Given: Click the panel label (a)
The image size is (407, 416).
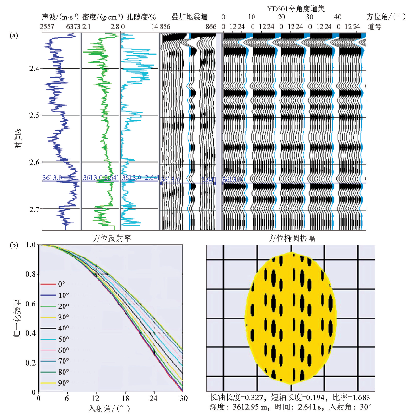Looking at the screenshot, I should (x=14, y=35).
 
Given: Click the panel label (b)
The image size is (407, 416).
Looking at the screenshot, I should (x=14, y=245).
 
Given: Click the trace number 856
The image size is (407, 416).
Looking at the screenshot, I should (x=165, y=27).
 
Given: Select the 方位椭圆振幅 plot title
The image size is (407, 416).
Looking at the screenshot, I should (x=291, y=238).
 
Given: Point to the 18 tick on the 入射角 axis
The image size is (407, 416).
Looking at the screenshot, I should (x=125, y=398).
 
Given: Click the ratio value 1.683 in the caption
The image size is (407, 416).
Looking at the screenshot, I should (x=360, y=398).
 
